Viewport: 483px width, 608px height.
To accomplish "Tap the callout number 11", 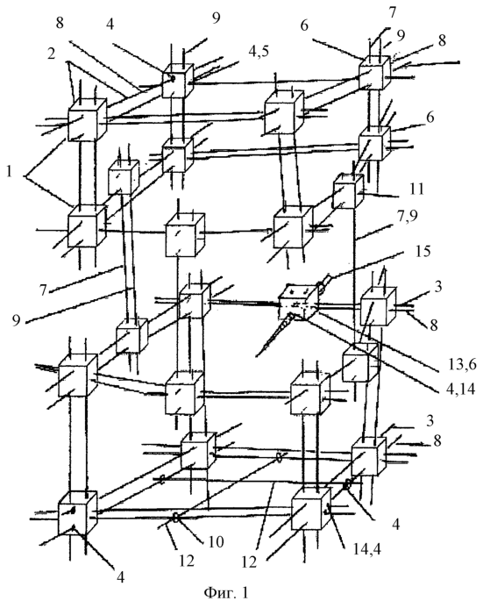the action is (416, 189).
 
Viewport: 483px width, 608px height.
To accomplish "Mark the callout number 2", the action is (52, 54).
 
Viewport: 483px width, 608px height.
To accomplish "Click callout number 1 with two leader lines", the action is (10, 172).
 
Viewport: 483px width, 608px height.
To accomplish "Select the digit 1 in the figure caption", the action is (244, 592).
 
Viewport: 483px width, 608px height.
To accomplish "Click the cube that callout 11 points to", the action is (349, 191).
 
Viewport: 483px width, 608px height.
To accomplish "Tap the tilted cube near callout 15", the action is (297, 303).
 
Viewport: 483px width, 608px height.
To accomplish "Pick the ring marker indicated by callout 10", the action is (176, 518).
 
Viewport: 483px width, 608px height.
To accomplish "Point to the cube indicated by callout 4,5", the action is (177, 81).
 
